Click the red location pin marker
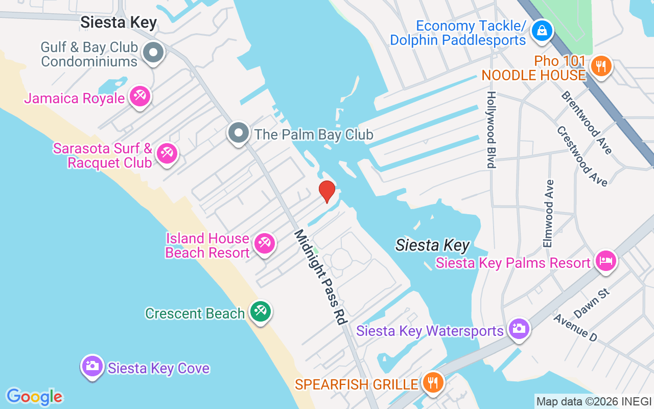pos(327,191)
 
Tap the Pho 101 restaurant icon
pos(601,66)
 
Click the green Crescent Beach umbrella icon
pos(261,311)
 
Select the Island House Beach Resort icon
pos(264,243)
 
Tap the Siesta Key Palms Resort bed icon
pos(606,261)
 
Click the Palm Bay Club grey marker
pos(238,133)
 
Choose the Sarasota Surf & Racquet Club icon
pos(167,153)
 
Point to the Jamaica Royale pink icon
pos(139,96)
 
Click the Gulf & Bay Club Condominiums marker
pos(153,52)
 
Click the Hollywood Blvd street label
pos(491,130)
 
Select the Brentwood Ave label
pos(586,123)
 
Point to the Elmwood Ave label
pos(548,213)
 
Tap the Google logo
pos(35,397)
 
